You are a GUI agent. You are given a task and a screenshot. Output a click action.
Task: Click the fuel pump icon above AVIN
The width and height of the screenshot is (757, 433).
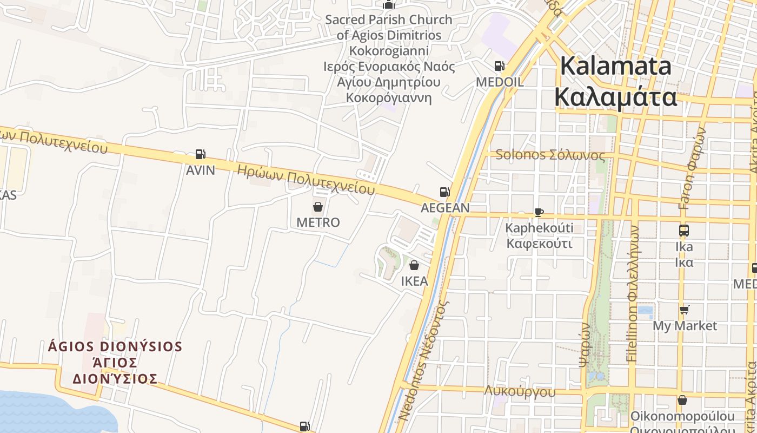pyautogui.click(x=200, y=154)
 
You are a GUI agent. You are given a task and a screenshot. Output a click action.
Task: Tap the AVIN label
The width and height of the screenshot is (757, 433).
pyautogui.click(x=200, y=170)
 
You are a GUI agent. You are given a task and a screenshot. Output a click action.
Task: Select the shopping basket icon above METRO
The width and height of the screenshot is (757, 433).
pyautogui.click(x=318, y=207)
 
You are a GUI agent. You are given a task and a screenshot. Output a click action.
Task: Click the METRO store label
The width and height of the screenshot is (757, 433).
pyautogui.click(x=318, y=222)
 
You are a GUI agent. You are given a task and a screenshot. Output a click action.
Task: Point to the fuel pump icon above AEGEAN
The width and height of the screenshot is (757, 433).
pyautogui.click(x=444, y=192)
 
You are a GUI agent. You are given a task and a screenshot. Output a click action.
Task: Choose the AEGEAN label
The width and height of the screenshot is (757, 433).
pyautogui.click(x=445, y=208)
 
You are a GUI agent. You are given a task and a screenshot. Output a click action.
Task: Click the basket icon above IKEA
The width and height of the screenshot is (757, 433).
pyautogui.click(x=414, y=265)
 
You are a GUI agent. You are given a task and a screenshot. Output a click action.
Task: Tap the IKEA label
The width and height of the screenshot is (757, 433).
pyautogui.click(x=414, y=281)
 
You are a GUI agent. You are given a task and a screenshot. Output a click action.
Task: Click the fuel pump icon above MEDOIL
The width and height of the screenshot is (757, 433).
pyautogui.click(x=499, y=66)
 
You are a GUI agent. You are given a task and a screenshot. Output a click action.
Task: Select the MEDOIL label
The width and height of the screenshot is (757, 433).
pyautogui.click(x=499, y=82)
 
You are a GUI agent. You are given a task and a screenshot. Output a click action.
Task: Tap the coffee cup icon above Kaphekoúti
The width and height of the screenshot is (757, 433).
pyautogui.click(x=539, y=212)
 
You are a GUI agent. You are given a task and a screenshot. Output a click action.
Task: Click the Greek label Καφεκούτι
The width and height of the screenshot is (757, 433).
pyautogui.click(x=539, y=243)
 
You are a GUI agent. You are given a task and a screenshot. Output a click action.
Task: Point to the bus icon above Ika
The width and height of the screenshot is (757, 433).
pyautogui.click(x=684, y=231)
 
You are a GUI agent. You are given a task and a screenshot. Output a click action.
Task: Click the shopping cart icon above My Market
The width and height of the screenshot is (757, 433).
pyautogui.click(x=685, y=310)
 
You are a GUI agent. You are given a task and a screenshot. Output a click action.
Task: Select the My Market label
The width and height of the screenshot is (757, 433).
pyautogui.click(x=685, y=326)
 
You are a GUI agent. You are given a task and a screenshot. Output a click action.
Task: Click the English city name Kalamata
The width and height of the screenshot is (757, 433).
pyautogui.click(x=616, y=66)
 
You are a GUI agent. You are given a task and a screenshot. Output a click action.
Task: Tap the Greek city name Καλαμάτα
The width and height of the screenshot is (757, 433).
pyautogui.click(x=616, y=97)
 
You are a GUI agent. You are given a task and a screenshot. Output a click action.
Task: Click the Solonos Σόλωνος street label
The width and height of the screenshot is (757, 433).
pyautogui.click(x=550, y=155)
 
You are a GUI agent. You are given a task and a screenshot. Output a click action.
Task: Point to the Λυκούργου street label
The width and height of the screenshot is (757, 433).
pyautogui.click(x=520, y=391)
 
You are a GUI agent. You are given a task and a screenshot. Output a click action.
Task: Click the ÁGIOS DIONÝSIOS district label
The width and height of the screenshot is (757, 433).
pyautogui.click(x=115, y=346)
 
